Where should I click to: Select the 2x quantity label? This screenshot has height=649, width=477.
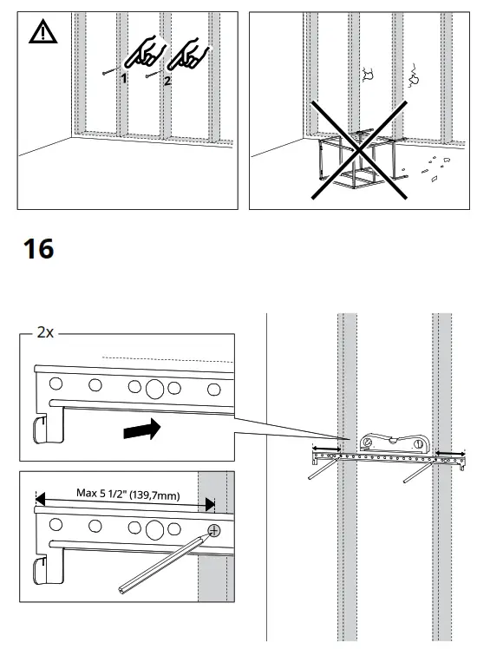tap(44, 332)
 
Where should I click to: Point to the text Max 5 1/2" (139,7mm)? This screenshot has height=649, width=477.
tap(127, 493)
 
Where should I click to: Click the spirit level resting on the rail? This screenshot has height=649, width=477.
tap(394, 441)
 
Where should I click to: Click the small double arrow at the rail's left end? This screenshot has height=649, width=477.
tap(326, 449)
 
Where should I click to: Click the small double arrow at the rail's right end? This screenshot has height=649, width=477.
tap(449, 453)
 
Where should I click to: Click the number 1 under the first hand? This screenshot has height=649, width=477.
tap(124, 78)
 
